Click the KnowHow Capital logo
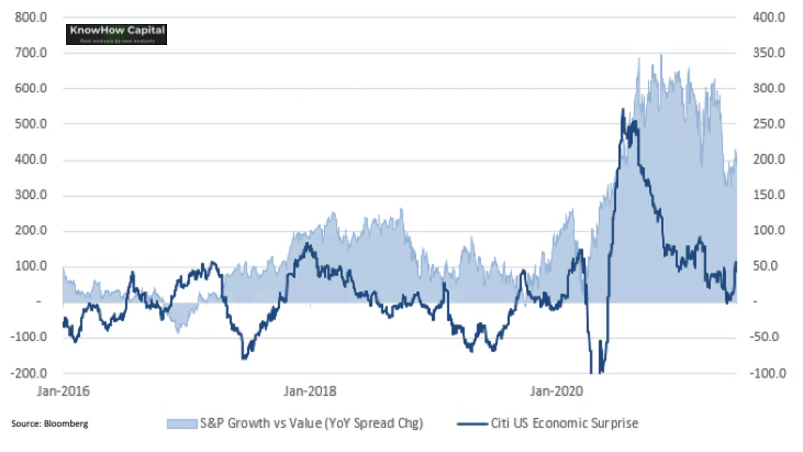116,34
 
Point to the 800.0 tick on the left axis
31,17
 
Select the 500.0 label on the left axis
31,124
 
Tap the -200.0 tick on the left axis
29,373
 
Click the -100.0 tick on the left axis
29,337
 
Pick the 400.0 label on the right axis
768,17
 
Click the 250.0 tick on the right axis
768,124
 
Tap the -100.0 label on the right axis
767,373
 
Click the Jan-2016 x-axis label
63,391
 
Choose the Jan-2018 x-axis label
310,391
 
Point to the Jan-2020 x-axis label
556,391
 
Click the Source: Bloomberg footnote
49,423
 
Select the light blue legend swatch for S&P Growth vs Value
182,423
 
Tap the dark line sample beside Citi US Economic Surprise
472,423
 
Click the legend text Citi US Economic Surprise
565,423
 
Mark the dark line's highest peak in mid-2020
623,110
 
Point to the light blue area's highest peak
661,55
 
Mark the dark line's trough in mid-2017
244,359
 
